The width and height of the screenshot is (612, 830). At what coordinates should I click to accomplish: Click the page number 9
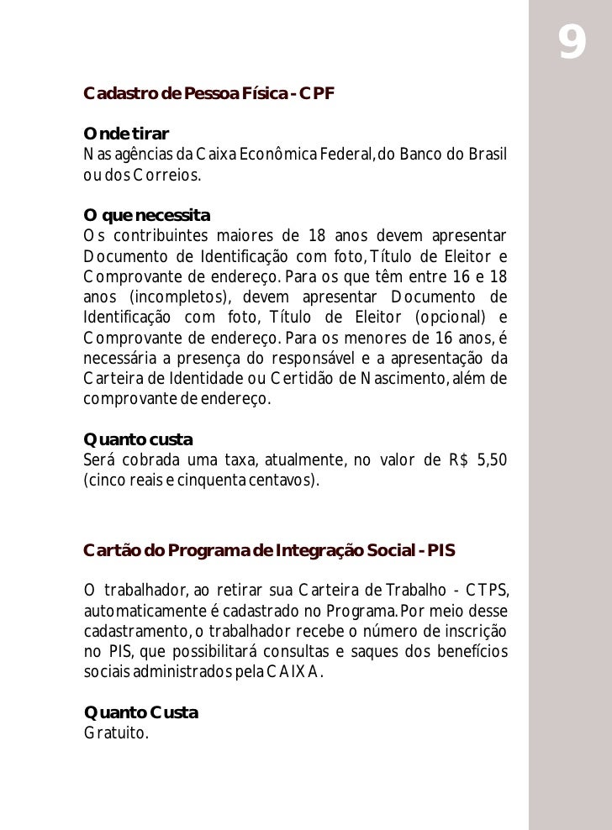click(572, 44)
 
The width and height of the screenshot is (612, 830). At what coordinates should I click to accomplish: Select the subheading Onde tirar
click(126, 135)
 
